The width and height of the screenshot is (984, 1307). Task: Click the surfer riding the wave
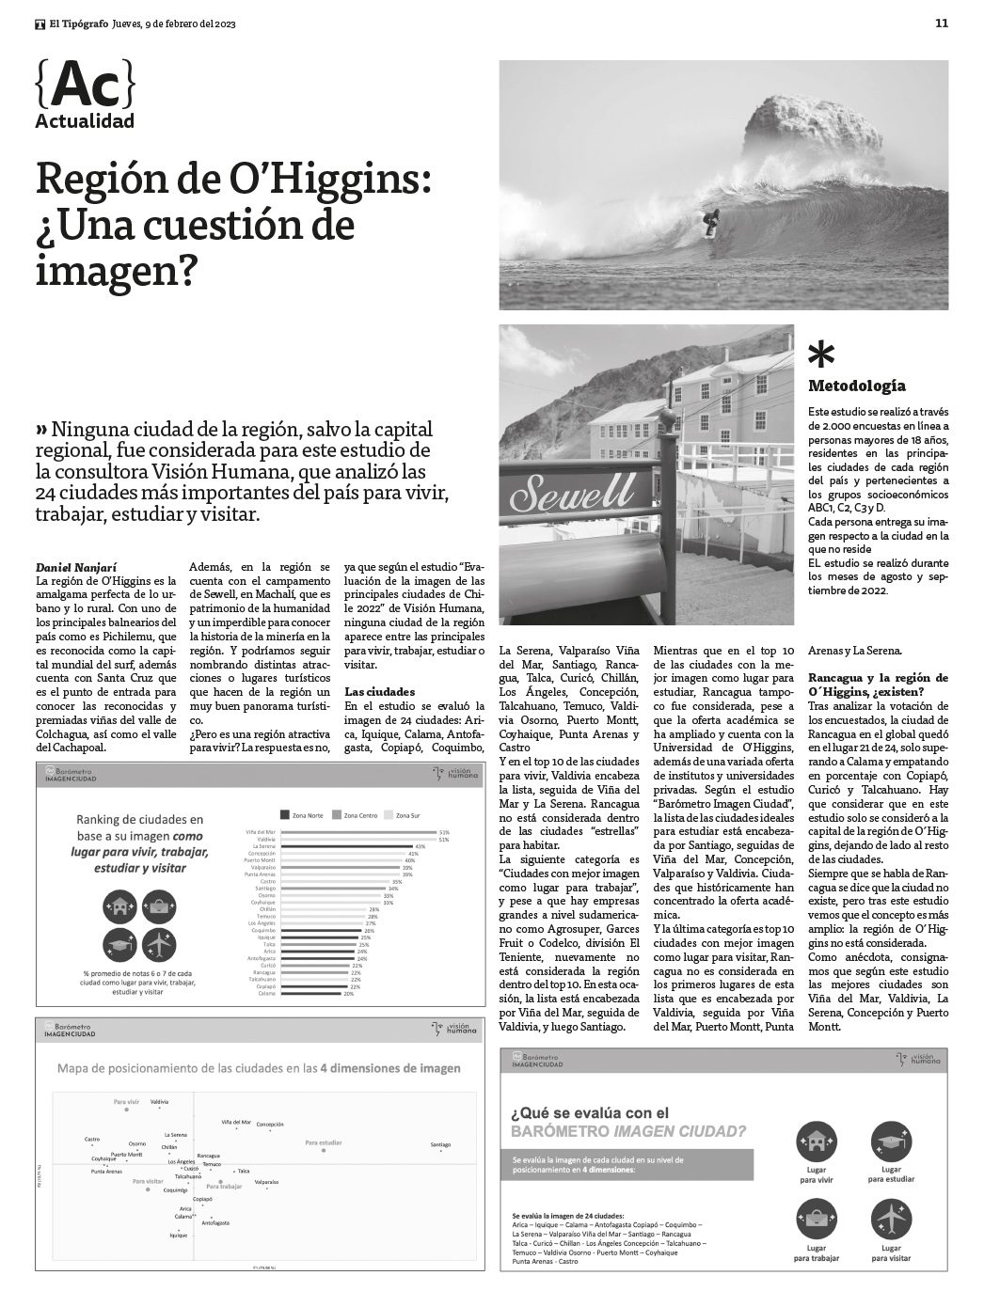[711, 222]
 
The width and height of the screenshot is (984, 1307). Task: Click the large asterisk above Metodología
[821, 354]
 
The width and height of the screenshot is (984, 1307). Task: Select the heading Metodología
[857, 386]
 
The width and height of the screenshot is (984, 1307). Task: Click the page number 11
[942, 24]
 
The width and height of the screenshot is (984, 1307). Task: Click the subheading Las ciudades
[379, 691]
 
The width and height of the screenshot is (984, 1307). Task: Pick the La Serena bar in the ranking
[348, 846]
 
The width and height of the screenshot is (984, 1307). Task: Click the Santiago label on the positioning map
[440, 1144]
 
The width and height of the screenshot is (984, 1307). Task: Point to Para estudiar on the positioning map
[323, 1142]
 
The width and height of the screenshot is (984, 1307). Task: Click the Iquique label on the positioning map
[179, 1236]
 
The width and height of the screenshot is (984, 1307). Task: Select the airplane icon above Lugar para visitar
[891, 1220]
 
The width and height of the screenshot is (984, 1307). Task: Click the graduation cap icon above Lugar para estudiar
[891, 1142]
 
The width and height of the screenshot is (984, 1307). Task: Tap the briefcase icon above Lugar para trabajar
[816, 1220]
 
